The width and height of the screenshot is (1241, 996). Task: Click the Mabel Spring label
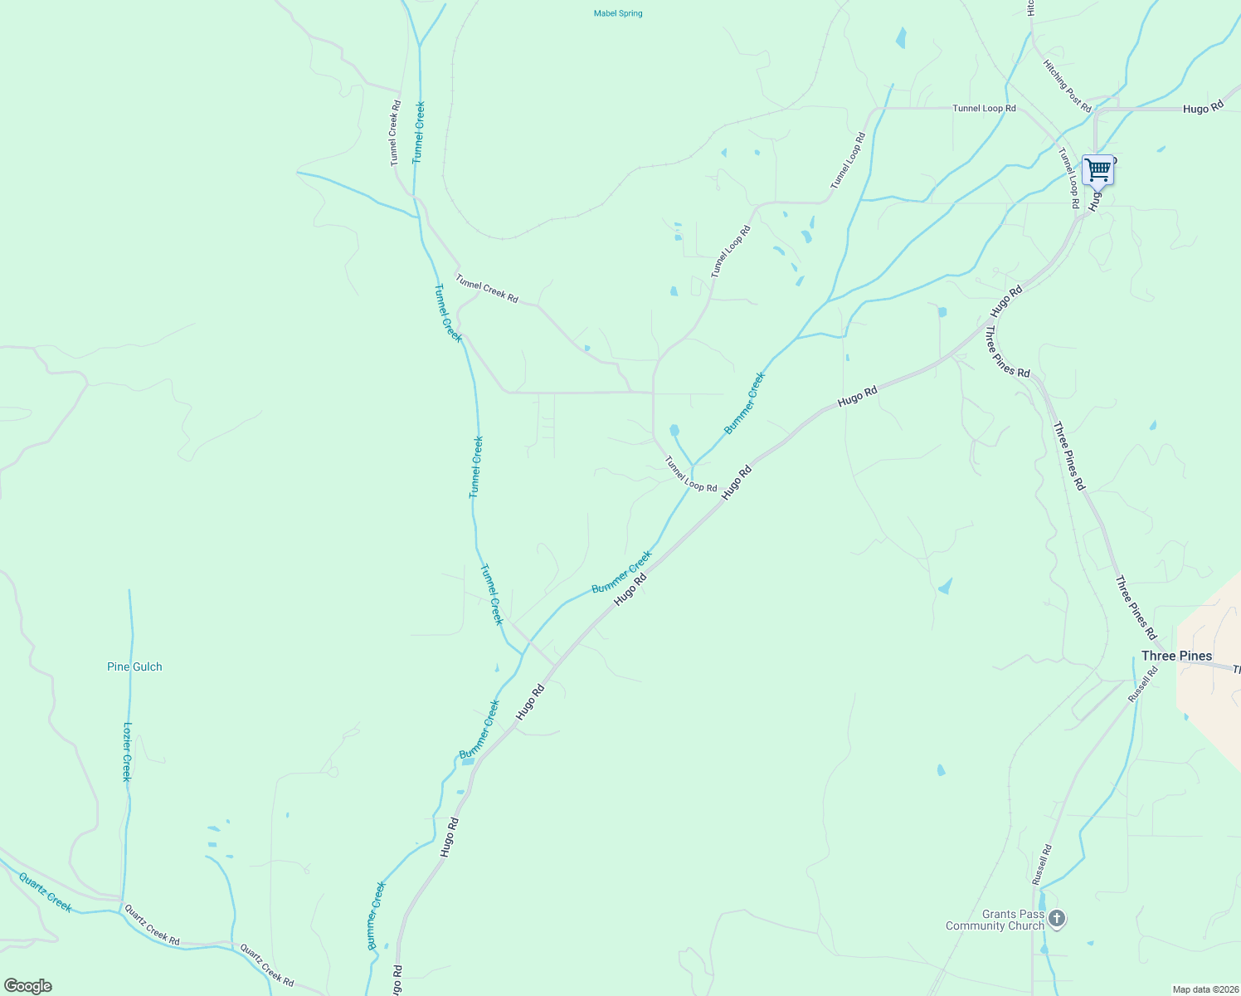pyautogui.click(x=618, y=13)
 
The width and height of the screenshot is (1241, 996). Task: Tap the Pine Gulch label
pyautogui.click(x=134, y=666)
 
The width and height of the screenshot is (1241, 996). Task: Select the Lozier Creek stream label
pyautogui.click(x=127, y=751)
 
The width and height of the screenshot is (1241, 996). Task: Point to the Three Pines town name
pyautogui.click(x=1176, y=656)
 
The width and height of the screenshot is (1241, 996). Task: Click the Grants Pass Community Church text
pyautogui.click(x=995, y=920)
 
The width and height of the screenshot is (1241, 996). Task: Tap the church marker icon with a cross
pyautogui.click(x=1056, y=918)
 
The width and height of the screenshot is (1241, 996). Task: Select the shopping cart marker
pyautogui.click(x=1097, y=170)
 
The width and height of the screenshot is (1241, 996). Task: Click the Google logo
pyautogui.click(x=27, y=986)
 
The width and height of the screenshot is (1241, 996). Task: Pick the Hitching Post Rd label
pyautogui.click(x=1068, y=85)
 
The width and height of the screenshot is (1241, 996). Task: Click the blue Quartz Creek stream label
pyautogui.click(x=46, y=891)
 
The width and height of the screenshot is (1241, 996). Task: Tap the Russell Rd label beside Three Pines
pyautogui.click(x=1142, y=685)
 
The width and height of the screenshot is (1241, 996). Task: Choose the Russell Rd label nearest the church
pyautogui.click(x=1041, y=864)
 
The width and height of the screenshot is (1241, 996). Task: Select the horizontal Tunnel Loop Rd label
pyautogui.click(x=984, y=108)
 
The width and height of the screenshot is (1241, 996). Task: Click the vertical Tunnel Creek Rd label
pyautogui.click(x=396, y=133)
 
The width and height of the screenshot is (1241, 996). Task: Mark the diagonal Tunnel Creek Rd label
pyautogui.click(x=487, y=288)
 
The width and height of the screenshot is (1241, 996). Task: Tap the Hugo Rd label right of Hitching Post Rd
pyautogui.click(x=1203, y=108)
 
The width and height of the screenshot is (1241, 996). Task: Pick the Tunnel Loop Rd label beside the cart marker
pyautogui.click(x=1068, y=178)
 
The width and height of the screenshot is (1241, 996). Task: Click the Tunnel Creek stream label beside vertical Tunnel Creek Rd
pyautogui.click(x=419, y=132)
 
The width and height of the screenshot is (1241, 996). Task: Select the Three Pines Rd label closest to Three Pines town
pyautogui.click(x=1136, y=607)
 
